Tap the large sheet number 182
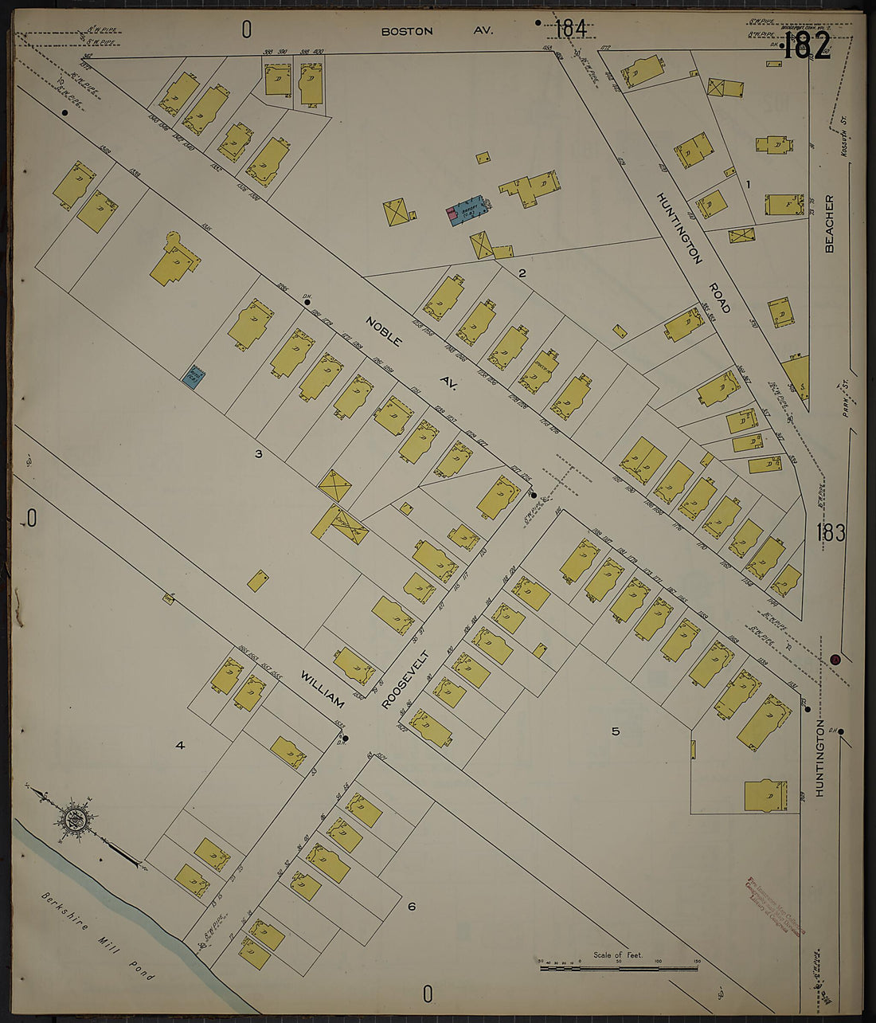pos(807,47)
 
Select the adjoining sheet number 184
pos(570,29)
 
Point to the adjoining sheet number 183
pos(830,533)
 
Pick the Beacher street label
pos(829,224)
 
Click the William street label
pos(323,689)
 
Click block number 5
pos(615,731)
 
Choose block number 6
pos(411,906)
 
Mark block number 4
pos(180,745)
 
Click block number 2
pos(522,273)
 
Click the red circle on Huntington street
pos(835,659)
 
